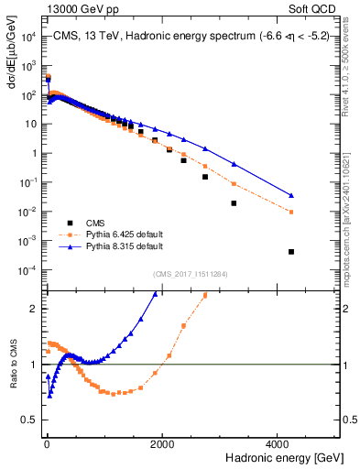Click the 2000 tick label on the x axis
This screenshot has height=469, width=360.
tap(162, 442)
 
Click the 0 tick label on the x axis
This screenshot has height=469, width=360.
tap(47, 442)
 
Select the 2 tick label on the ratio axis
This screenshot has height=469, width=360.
tap(34, 309)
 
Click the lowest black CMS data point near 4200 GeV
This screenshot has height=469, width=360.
tap(291, 251)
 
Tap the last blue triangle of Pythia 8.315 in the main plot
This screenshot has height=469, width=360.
tap(291, 195)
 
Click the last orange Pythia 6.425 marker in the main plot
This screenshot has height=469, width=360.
tap(291, 212)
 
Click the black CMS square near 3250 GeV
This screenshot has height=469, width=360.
tap(234, 203)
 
